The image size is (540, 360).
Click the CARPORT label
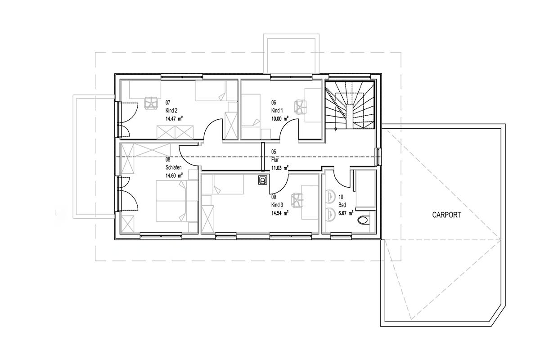446,215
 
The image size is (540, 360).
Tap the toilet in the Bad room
364,220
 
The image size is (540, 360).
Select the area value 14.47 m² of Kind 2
174,119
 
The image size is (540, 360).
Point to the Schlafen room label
173,167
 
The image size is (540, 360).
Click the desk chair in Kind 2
151,103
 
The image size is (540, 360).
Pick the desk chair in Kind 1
301,107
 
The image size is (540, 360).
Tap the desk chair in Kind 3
297,200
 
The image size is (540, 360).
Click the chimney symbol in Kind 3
262,180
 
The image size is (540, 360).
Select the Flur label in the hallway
275,160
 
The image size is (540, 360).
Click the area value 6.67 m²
346,213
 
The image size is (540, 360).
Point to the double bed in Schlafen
177,201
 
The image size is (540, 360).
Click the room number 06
274,103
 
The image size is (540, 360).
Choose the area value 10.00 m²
280,119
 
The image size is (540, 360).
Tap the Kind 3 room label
277,205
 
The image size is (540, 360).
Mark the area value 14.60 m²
174,175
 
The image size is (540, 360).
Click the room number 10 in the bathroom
341,197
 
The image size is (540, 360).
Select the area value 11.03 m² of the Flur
280,168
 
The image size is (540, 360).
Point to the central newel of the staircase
350,116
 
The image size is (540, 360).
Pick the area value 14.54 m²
280,213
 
